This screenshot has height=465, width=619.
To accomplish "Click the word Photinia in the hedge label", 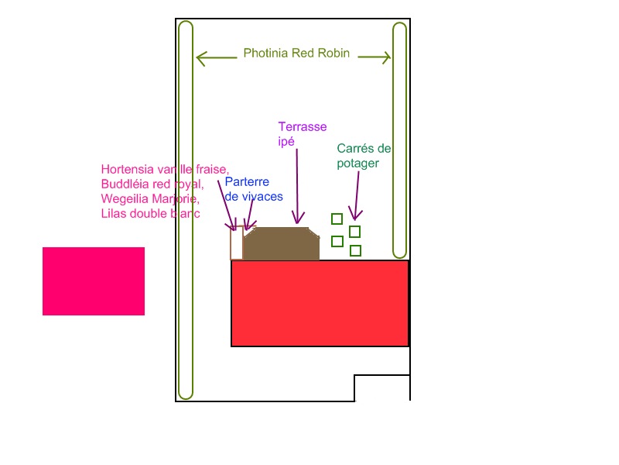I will tap(265, 54).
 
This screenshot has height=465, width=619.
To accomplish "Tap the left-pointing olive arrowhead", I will tap(201, 57).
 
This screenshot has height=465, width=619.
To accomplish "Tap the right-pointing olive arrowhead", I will tap(385, 57).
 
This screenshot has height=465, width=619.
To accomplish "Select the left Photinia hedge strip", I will tap(185, 209).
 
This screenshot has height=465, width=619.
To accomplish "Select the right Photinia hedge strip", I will tap(399, 139).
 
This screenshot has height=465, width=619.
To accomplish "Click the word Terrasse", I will tap(302, 126).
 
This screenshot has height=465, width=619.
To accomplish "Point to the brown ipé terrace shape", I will tap(282, 244).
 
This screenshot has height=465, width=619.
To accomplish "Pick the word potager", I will tap(358, 164).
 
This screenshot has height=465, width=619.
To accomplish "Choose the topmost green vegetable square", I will tap(337, 219).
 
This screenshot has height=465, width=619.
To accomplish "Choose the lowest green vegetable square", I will tap(355, 250).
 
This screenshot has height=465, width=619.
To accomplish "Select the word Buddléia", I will tap(125, 184).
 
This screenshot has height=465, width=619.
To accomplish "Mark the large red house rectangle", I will tap(320, 303).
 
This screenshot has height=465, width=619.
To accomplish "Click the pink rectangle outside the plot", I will tap(94, 281).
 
